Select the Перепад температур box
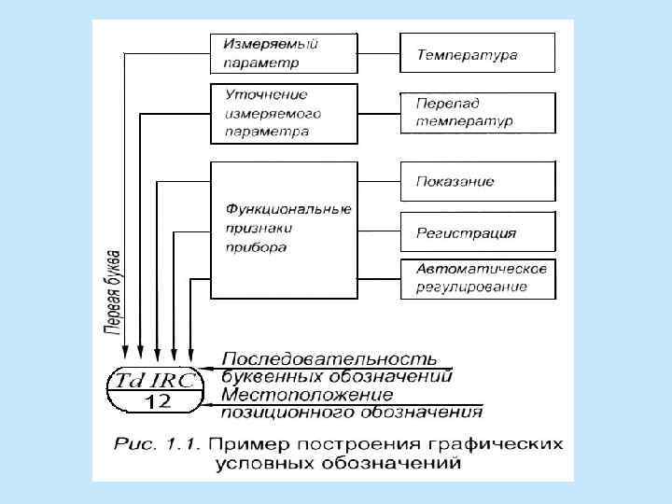coord(477,113)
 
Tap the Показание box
coord(477,181)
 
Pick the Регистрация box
coord(477,232)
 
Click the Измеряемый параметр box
coord(284,54)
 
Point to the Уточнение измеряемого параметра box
coord(284,113)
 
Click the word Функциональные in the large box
coord(288,207)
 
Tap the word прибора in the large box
coord(255,247)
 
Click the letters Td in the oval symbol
coord(129,381)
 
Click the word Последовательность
coord(329,359)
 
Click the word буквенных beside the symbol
coord(273,376)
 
